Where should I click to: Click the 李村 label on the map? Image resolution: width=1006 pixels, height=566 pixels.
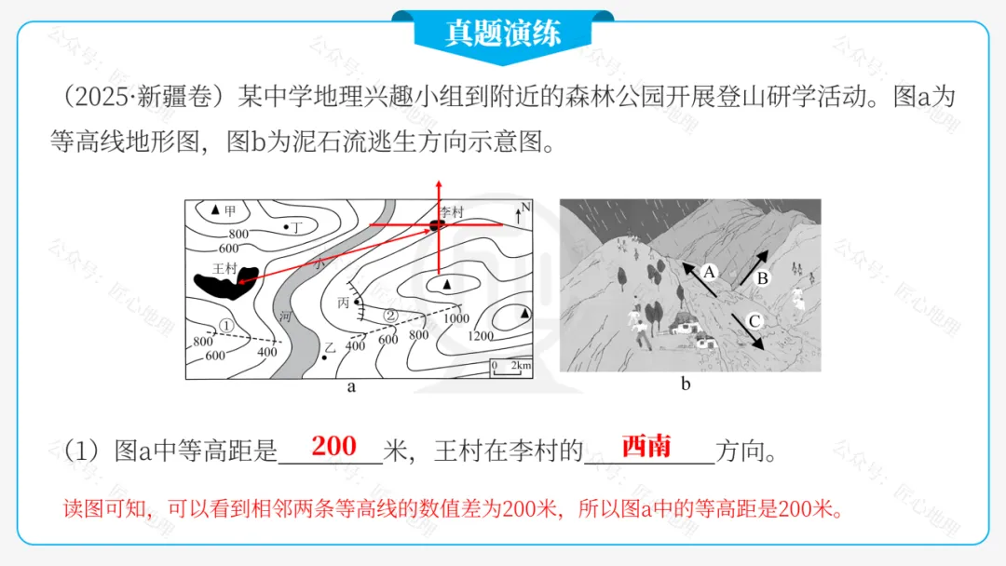451,212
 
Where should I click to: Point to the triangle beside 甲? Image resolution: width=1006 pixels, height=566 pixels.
216,210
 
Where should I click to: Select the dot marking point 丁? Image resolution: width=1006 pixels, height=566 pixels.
286,227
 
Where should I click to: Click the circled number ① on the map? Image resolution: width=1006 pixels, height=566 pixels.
224,325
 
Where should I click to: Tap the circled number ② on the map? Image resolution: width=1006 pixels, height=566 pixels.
391,316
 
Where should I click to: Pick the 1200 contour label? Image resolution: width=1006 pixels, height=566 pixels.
481,336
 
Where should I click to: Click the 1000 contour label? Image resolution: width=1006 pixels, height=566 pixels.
455,317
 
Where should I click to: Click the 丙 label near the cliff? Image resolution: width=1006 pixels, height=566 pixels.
343,303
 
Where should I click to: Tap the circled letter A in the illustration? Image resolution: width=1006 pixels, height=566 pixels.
708,273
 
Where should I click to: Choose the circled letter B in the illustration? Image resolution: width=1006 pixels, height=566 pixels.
761,277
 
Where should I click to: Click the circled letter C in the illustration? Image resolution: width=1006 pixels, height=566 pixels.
754,322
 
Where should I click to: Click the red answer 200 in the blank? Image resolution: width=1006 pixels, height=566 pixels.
333,446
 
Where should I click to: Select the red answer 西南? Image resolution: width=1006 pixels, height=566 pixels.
646,446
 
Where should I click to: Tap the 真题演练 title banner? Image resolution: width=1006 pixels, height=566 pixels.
502,34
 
